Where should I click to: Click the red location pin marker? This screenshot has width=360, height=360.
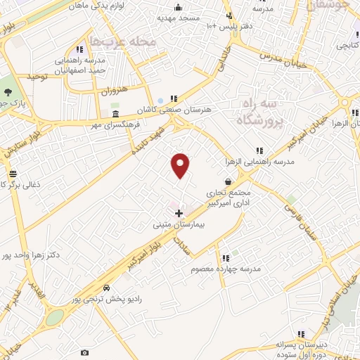(181, 165)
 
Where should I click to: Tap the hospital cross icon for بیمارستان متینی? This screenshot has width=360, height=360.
(179, 212)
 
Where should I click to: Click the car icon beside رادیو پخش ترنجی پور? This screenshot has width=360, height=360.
(106, 288)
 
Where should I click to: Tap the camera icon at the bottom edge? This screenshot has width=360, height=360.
(85, 352)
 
